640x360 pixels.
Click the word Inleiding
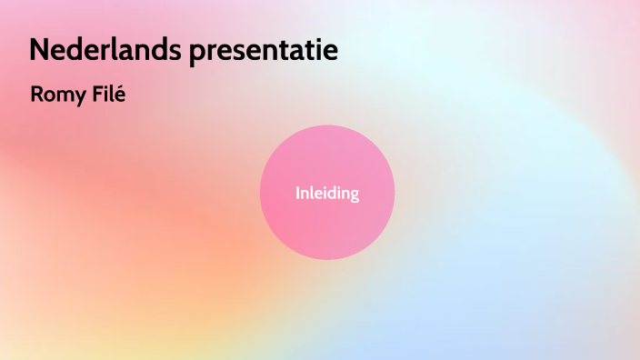coord(327,193)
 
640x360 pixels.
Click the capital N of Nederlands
coord(39,51)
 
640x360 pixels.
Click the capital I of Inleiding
coord(297,193)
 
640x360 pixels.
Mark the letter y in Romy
coord(80,95)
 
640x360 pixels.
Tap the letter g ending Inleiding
coord(354,195)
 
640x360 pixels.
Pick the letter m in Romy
coord(65,95)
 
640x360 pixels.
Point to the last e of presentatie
coord(331,53)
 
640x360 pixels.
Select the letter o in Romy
coord(49,95)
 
